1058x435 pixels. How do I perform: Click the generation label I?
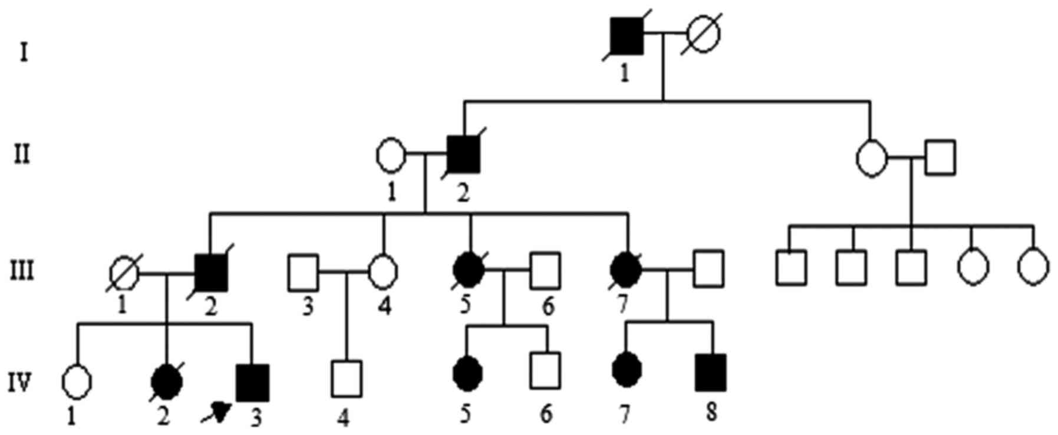(24, 53)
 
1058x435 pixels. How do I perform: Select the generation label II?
(22, 156)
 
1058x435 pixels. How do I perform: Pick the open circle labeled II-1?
(391, 156)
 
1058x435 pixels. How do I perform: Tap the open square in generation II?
(940, 158)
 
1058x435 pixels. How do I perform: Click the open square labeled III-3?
(304, 272)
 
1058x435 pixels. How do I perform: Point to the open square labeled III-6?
(545, 271)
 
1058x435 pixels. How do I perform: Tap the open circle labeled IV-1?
(77, 381)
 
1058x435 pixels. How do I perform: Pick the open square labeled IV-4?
(347, 380)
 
